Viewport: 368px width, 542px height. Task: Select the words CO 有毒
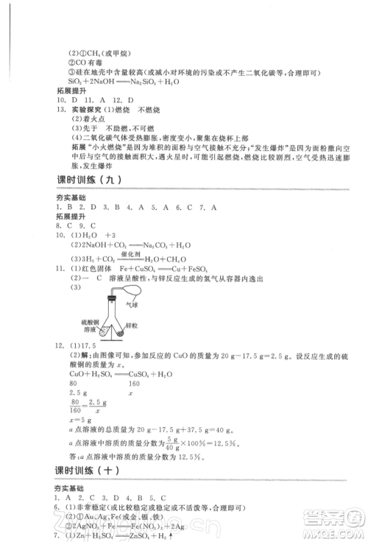91,62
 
